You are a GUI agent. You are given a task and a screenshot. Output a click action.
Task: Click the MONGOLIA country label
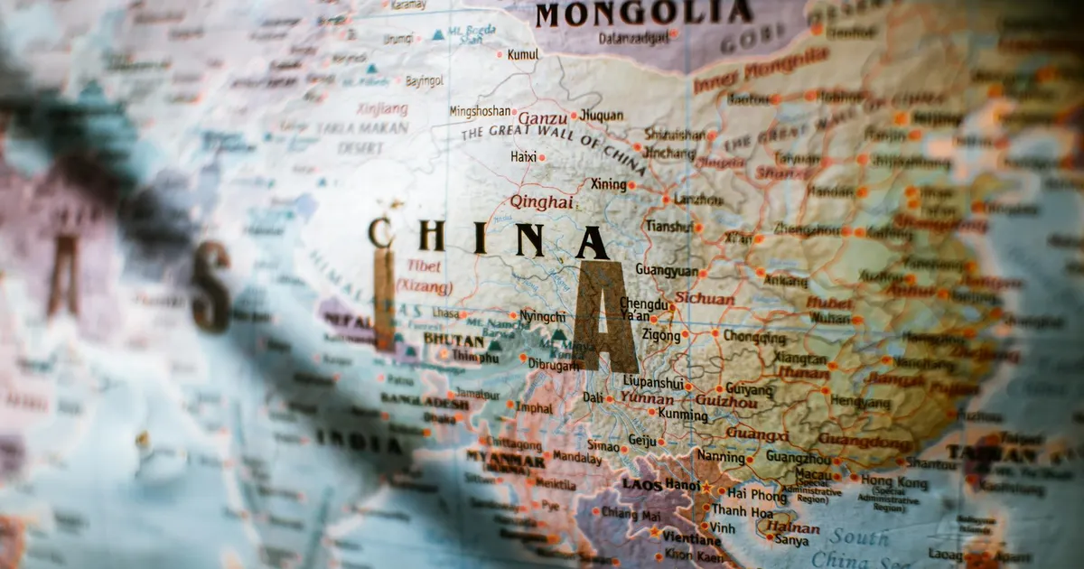click(643, 14)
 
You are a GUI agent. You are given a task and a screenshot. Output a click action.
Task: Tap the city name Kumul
click(522, 54)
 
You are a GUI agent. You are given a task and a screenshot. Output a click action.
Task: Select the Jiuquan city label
click(601, 116)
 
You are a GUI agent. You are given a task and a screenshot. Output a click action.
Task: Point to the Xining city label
click(608, 184)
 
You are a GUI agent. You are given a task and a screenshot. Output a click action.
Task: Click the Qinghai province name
click(541, 202)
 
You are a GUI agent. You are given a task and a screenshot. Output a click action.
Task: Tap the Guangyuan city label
click(667, 270)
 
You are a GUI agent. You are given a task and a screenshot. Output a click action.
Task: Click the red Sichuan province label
click(705, 297)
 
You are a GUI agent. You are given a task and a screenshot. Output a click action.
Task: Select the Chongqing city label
click(754, 337)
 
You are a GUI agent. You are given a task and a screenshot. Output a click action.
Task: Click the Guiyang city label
click(749, 389)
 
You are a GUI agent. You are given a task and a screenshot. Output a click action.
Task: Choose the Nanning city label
click(720, 457)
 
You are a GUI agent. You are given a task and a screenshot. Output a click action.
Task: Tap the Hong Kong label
click(893, 481)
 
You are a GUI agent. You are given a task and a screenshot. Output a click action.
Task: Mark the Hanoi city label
click(681, 485)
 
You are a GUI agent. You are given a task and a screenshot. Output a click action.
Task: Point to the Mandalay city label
click(576, 458)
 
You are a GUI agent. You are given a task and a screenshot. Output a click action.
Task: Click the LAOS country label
click(642, 484)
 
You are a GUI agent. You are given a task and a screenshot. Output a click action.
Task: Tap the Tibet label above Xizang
click(424, 266)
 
